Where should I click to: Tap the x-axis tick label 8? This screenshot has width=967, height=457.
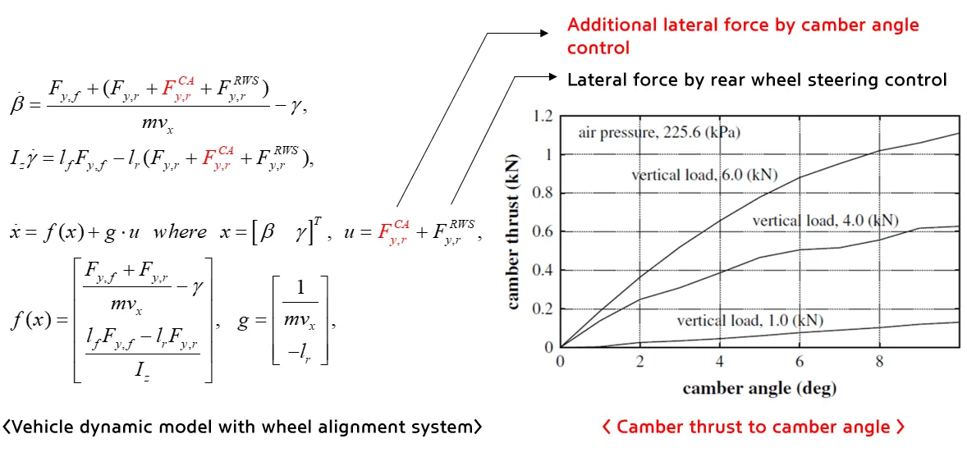879,362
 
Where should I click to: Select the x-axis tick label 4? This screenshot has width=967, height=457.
720,362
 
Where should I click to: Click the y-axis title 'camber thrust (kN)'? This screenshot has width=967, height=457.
513,232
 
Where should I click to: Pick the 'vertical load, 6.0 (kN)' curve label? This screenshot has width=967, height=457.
704,175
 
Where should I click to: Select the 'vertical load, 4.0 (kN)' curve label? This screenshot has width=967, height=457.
825,220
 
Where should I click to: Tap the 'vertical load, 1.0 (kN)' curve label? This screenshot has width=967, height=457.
749,320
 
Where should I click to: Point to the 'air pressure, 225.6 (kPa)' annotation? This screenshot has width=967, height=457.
659,133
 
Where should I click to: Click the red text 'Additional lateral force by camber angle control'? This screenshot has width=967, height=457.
743,36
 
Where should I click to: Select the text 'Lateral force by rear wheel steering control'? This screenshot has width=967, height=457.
757,80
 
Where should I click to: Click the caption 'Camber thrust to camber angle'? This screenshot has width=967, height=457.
754,427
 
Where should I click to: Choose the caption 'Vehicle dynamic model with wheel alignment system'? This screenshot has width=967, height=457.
242,427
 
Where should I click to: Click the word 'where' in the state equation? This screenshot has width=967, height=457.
180,232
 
